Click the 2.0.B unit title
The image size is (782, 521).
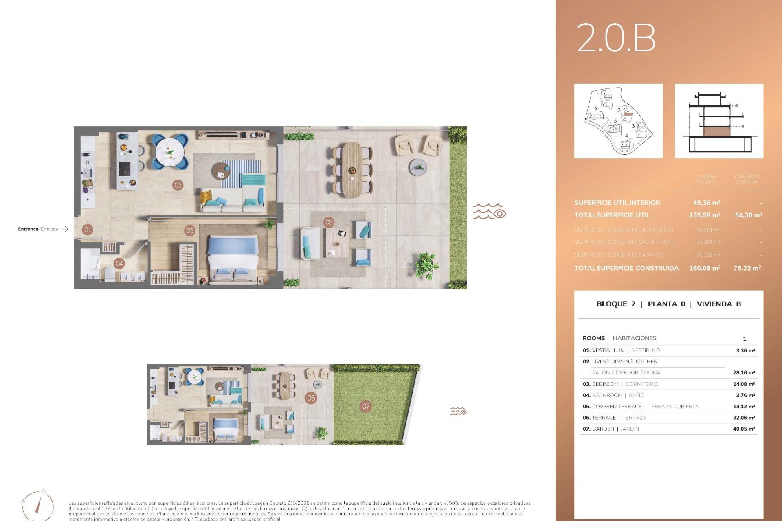(x=616, y=38)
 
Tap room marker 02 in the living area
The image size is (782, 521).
(x=178, y=185)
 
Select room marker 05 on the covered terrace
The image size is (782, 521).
(x=329, y=222)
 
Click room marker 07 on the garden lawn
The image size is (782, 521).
(x=366, y=406)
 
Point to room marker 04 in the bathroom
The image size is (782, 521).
(x=119, y=263)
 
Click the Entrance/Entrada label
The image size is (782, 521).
(x=38, y=229)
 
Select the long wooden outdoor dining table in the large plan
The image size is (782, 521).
(x=352, y=170)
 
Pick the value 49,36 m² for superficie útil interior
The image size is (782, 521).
(x=707, y=203)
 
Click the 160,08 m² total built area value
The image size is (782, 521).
(x=705, y=268)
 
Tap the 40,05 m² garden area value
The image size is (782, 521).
(x=744, y=429)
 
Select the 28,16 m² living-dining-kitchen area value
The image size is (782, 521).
(x=744, y=373)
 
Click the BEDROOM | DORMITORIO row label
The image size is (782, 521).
(x=620, y=384)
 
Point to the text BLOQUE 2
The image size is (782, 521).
(x=615, y=304)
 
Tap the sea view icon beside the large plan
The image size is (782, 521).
(x=489, y=212)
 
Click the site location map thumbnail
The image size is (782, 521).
(x=618, y=121)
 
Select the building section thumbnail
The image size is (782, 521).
(x=719, y=121)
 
